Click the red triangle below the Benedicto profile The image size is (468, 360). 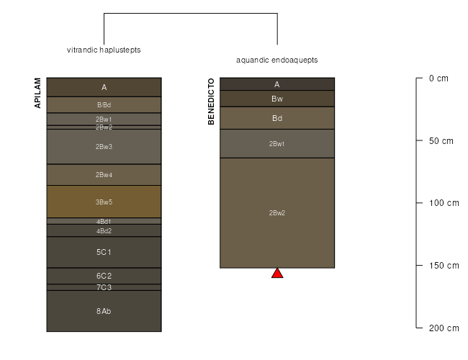pos(277,274)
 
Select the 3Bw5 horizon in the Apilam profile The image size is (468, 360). pos(104,202)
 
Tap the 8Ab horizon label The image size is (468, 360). pos(104,311)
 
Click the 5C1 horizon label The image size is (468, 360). pos(104,252)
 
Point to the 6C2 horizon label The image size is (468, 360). pos(104,276)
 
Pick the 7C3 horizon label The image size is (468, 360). pos(104,287)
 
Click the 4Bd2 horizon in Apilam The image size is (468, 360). pos(104,230)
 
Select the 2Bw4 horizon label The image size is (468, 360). pos(104,175)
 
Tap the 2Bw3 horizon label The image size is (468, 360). pos(104,147)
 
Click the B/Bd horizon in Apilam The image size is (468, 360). pos(104,105)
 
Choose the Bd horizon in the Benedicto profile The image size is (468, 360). pos(277,118)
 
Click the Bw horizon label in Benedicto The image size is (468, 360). pos(277,99)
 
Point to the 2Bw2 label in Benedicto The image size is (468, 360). pos(277,213)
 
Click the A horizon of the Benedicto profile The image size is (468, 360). pos(277,84)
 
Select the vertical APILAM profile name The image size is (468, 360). pos(37,93)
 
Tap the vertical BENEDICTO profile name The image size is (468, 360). pos(211,102)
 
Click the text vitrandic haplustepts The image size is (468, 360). pos(104,50)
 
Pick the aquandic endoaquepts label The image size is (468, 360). pos(277,60)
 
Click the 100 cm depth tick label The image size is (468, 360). pos(444,203)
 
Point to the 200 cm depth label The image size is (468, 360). pos(444,328)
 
